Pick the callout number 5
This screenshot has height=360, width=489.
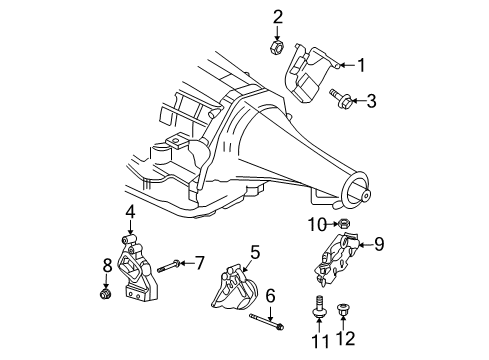click(255, 252)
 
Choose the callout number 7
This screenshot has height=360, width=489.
click(199, 263)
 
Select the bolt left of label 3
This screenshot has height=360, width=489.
click(339, 98)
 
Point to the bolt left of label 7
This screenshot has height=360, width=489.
click(167, 265)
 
